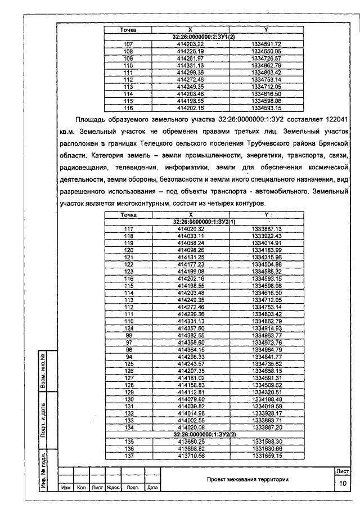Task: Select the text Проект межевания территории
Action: click(247, 479)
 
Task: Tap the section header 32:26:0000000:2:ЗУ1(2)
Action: click(204, 37)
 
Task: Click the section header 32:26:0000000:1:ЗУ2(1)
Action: click(204, 222)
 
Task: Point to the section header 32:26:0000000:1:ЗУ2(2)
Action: click(204, 435)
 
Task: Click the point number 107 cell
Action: click(128, 44)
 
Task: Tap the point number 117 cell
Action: click(128, 229)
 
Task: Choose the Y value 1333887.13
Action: click(266, 229)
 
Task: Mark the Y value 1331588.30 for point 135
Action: click(266, 442)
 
